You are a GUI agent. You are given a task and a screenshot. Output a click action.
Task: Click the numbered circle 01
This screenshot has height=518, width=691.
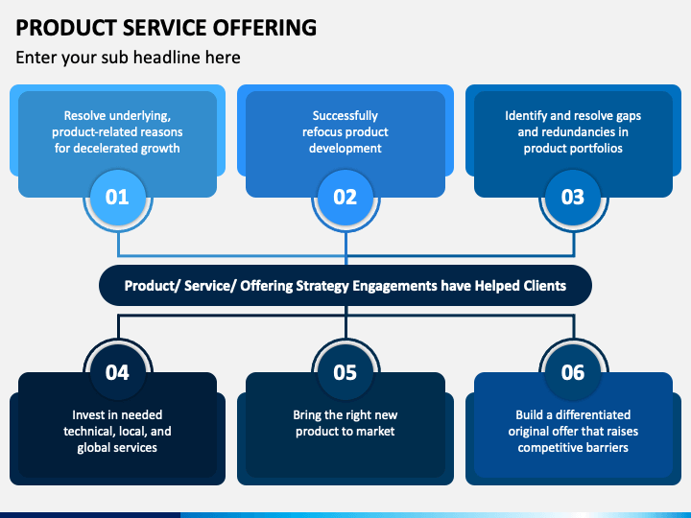coord(118,197)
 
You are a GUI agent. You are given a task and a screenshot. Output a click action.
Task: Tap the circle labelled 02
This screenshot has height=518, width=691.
coord(345,197)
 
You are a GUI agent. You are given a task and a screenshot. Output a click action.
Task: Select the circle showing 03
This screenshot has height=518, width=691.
coord(573,197)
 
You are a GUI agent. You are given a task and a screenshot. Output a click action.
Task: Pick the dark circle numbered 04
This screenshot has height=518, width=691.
coord(118,372)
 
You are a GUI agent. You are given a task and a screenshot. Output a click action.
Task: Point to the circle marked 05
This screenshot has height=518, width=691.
coord(345,372)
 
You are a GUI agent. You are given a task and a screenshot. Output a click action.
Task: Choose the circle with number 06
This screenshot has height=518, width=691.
coord(573,372)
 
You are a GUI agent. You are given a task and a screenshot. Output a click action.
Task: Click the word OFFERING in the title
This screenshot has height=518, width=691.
coord(265,28)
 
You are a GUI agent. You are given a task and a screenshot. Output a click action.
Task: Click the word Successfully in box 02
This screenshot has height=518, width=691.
coord(345,116)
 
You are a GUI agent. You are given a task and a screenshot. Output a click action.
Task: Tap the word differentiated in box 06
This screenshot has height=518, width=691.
coord(593,414)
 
